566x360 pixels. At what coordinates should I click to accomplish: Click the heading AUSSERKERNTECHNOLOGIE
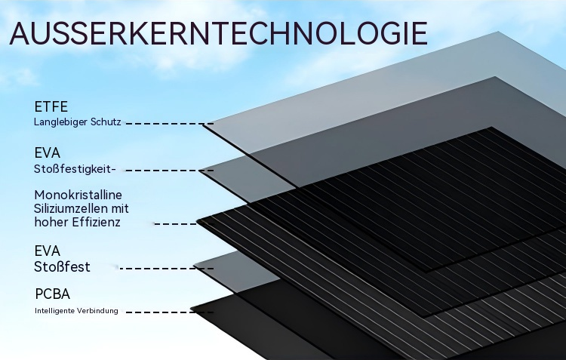pos(219,34)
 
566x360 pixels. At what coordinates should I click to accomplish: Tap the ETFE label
pos(51,106)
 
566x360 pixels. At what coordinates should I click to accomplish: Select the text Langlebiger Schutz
pos(77,122)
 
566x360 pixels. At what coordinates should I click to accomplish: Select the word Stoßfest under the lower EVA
pos(62,267)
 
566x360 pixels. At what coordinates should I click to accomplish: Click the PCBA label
pos(53,294)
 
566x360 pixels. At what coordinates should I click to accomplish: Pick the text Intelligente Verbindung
pos(76,311)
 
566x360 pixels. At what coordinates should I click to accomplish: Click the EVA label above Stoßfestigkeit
pos(48,153)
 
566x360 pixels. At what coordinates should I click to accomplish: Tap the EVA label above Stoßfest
pos(48,251)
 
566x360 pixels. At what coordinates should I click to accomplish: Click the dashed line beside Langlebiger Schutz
pos(170,123)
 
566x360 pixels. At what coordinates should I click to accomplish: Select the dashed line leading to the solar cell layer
pos(175,224)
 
